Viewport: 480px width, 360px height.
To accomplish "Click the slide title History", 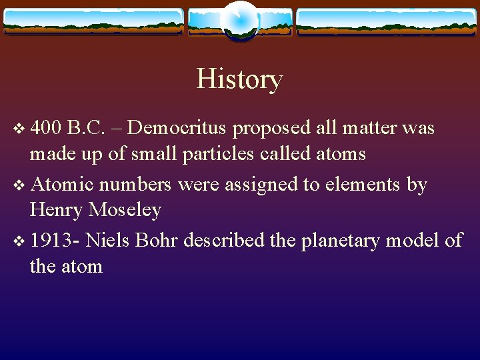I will tap(239, 79).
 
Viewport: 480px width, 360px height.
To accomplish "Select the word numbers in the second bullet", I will tap(140, 183).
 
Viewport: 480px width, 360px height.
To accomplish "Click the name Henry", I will tap(57, 211).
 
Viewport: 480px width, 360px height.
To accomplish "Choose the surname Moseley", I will tap(125, 211).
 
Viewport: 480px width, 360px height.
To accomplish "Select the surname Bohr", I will tap(157, 239).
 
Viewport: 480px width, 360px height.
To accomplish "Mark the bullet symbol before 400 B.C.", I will tap(17, 127).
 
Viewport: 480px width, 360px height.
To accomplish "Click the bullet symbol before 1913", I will tap(17, 240).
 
